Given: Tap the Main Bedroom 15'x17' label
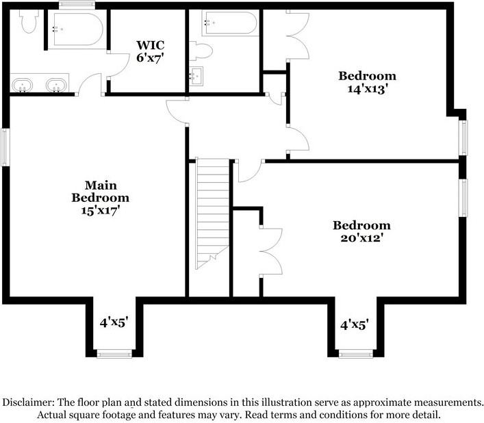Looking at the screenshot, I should tap(101, 198).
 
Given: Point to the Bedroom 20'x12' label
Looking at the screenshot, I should tap(361, 231).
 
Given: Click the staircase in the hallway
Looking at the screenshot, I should tap(212, 212).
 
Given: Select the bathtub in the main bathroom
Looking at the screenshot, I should tap(75, 29).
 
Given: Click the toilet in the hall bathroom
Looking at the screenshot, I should tap(202, 50).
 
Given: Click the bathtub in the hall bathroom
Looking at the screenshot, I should tap(229, 24).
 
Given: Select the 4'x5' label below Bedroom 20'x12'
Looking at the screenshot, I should tap(355, 324).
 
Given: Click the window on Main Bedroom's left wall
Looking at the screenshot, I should tap(5, 146).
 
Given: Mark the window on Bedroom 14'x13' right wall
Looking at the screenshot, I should tap(463, 138).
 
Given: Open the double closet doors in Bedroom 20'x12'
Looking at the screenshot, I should tap(270, 251).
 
